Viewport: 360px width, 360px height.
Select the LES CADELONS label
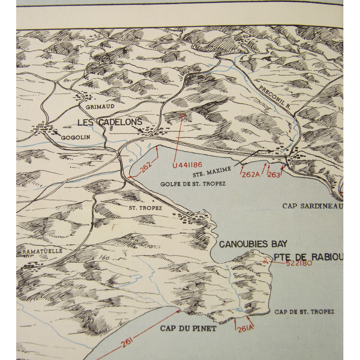click(110, 122)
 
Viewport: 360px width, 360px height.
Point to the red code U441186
click(187, 165)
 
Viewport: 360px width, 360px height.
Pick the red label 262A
click(251, 174)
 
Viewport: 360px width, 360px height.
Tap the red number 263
click(274, 174)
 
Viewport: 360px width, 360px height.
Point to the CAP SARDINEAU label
click(313, 206)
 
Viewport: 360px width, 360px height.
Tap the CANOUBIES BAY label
click(252, 244)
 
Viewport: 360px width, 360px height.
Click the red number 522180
click(299, 263)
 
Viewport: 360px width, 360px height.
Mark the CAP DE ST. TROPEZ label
click(304, 312)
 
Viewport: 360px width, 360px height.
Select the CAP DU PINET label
click(188, 328)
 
